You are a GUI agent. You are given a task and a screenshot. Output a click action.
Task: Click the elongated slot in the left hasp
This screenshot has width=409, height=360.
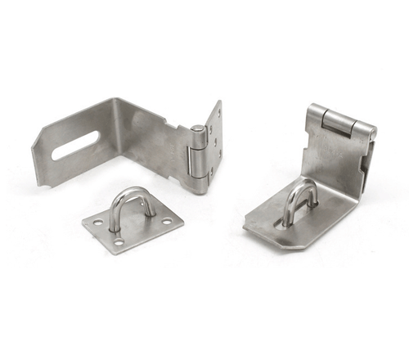[74, 145]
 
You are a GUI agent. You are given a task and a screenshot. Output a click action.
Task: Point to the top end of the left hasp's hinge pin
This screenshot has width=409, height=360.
[197, 129]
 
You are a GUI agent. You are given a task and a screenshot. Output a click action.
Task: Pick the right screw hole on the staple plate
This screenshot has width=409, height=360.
[167, 220]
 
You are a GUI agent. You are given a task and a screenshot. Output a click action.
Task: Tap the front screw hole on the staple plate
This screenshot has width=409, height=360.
[119, 241]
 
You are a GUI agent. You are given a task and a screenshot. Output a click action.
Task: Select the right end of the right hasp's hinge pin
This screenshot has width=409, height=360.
[372, 131]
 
